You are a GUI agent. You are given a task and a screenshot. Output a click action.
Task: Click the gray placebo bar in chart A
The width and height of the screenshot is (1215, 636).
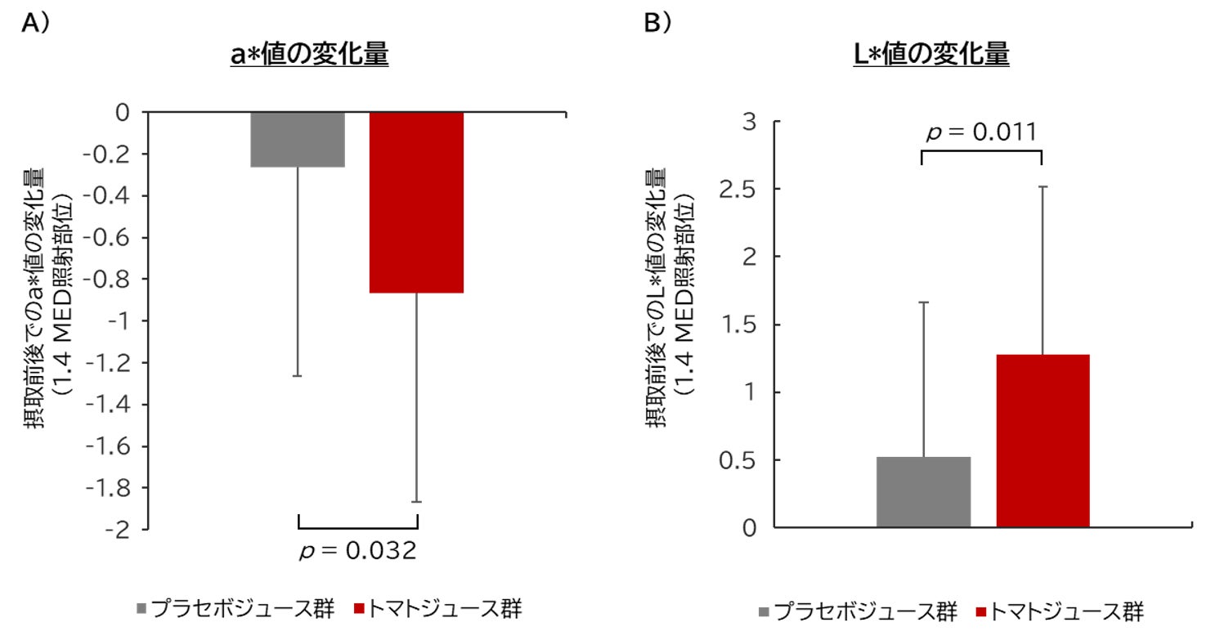click(298, 139)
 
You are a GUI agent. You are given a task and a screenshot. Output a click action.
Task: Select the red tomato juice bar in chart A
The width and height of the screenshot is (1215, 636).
click(417, 202)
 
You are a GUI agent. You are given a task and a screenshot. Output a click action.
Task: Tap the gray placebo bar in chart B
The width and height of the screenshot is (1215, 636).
click(923, 491)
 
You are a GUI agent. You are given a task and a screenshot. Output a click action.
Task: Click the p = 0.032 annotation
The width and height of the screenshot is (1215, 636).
click(358, 551)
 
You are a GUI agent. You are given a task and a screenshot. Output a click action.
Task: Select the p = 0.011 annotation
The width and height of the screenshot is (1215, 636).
click(981, 132)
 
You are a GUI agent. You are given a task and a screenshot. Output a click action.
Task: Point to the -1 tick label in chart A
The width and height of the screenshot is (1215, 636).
click(124, 321)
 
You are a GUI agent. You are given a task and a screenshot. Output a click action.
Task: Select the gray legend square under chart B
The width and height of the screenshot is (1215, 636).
click(764, 611)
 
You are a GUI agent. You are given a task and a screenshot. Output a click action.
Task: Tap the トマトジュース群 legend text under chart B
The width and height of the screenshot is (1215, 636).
click(1066, 611)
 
